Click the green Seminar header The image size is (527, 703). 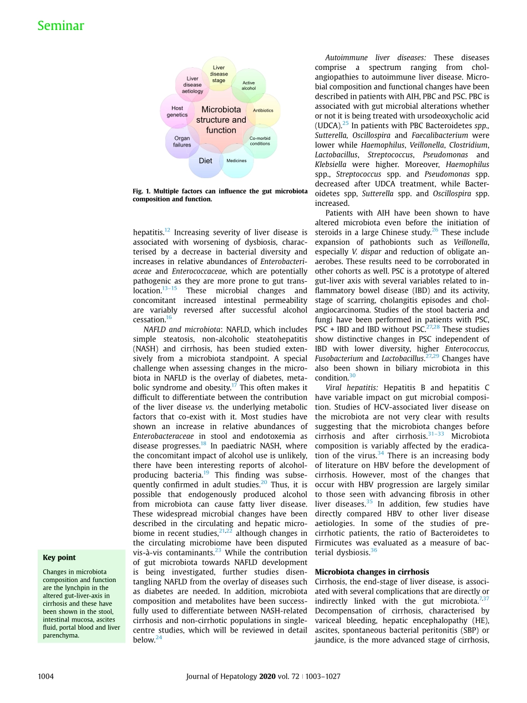[x=61, y=26]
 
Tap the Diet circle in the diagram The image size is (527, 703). [x=205, y=161]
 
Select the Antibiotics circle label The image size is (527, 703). [x=263, y=110]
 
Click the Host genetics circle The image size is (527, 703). [x=177, y=112]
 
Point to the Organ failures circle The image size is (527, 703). [x=182, y=141]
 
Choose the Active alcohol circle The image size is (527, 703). [x=249, y=85]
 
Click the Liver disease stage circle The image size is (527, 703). [x=219, y=74]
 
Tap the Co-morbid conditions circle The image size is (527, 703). [x=260, y=141]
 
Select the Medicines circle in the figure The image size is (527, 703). [x=236, y=161]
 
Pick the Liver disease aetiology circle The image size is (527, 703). [x=192, y=85]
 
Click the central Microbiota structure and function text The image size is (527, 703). [x=221, y=120]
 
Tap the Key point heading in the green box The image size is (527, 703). [x=59, y=558]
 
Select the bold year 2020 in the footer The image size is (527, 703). [x=268, y=676]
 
